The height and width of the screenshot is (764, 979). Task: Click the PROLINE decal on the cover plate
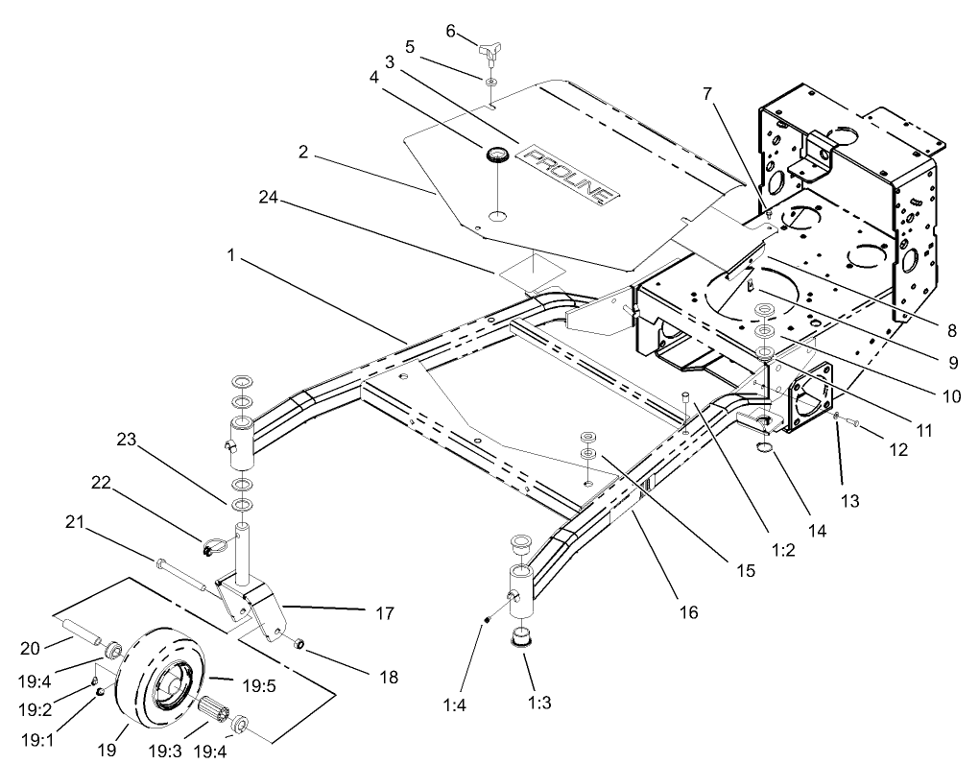coord(567,173)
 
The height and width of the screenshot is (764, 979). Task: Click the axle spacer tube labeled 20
coord(83,637)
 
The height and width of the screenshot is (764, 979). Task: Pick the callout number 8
coord(950,330)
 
